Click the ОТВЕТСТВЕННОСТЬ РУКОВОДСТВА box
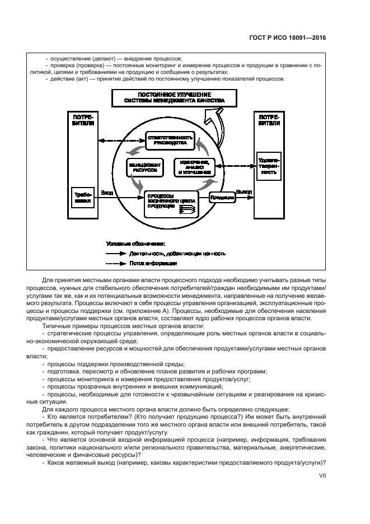(170, 141)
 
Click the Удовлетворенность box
(269, 165)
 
